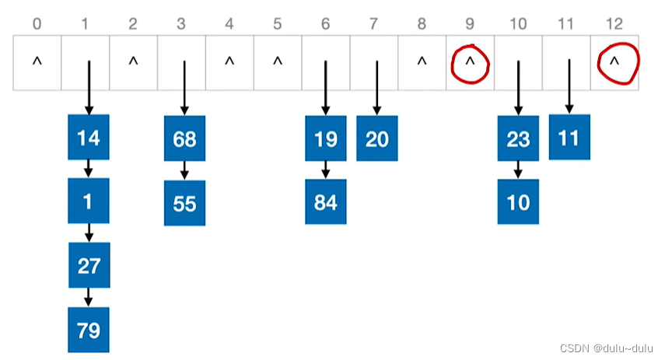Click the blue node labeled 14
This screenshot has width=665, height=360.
point(89,138)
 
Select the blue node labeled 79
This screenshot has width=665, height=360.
point(89,330)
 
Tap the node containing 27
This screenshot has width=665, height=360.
point(89,265)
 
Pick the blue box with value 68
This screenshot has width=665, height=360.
point(184,139)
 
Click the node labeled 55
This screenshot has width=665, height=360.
point(184,203)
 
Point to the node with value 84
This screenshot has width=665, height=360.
point(326,203)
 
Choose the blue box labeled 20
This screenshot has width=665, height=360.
point(376,138)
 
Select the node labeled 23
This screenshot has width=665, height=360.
point(518,138)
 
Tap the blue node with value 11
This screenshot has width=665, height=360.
point(569,138)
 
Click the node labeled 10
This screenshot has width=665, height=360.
point(518,202)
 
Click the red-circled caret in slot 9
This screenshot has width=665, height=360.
point(470,62)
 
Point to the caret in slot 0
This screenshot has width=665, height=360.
point(37,62)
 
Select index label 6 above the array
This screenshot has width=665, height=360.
point(325,23)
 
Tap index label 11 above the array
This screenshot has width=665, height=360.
point(568,23)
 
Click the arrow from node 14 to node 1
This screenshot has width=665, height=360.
point(89,168)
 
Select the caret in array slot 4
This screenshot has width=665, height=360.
point(229,62)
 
